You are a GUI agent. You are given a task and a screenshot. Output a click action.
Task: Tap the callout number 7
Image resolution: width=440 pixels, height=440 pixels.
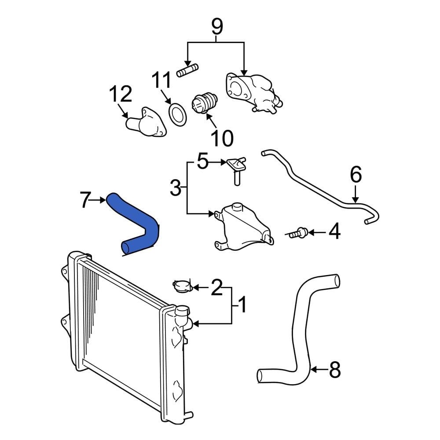[86, 200]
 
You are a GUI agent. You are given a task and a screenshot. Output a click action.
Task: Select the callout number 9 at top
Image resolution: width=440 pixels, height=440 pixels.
[216, 27]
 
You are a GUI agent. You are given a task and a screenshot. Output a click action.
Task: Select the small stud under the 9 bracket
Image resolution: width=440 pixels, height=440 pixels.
[187, 70]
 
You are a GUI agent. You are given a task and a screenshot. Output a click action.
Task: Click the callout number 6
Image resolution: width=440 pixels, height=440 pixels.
[356, 175]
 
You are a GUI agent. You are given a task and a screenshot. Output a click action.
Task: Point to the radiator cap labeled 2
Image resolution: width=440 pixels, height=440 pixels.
[182, 286]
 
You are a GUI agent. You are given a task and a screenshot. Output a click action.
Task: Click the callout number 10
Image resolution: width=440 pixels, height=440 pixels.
[221, 138]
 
